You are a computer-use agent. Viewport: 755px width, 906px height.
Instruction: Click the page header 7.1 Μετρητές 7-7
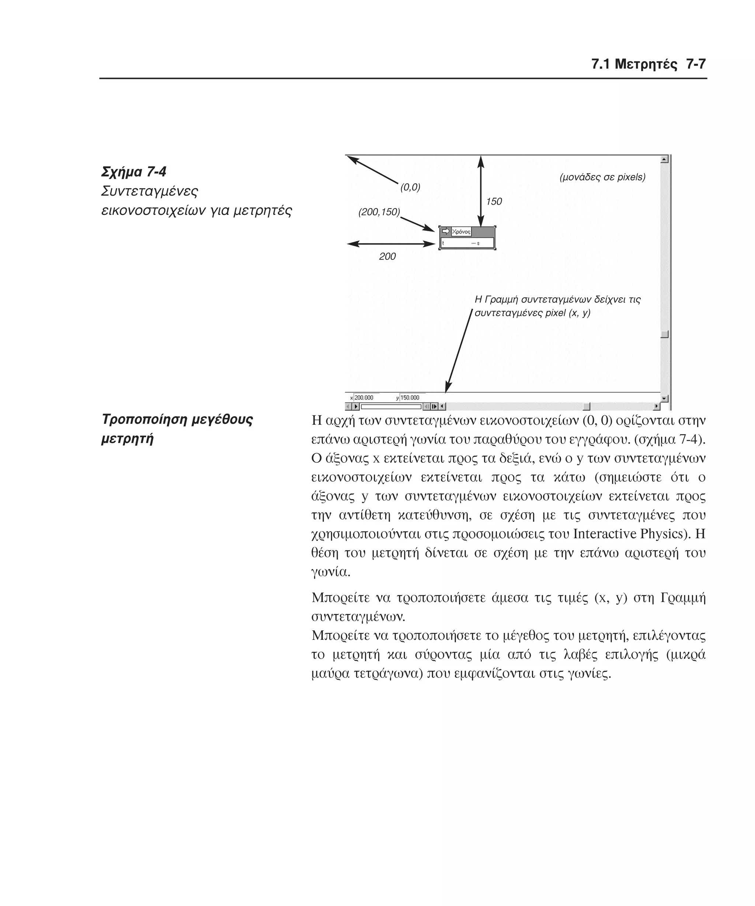pyautogui.click(x=648, y=64)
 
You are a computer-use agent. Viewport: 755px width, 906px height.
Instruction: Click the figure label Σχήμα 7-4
pyautogui.click(x=134, y=172)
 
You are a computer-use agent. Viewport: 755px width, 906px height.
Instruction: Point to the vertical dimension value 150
pyautogui.click(x=494, y=202)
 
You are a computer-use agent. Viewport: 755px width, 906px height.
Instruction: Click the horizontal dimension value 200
pyautogui.click(x=387, y=256)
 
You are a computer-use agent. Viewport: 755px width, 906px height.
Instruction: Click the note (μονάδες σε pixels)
pyautogui.click(x=602, y=177)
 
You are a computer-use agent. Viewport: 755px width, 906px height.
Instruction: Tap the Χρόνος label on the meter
pyautogui.click(x=461, y=232)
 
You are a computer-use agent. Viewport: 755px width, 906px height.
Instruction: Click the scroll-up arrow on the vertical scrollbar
pyautogui.click(x=664, y=160)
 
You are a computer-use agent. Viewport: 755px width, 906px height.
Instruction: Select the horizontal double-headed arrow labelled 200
pyautogui.click(x=391, y=244)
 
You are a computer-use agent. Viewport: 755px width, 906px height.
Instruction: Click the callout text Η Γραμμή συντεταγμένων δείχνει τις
pyautogui.click(x=557, y=299)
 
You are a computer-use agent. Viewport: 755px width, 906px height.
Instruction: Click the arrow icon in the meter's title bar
pyautogui.click(x=446, y=231)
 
